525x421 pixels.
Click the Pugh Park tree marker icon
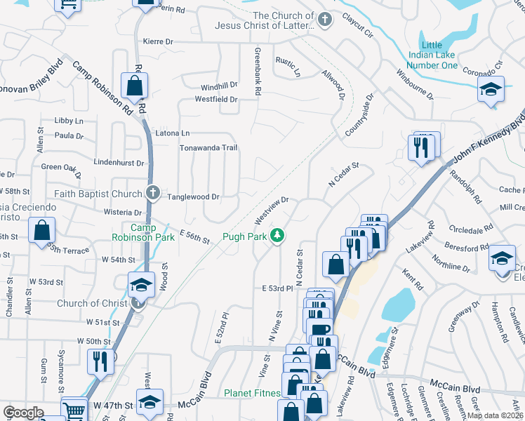pyautogui.click(x=278, y=236)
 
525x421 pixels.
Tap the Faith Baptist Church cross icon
pyautogui.click(x=154, y=194)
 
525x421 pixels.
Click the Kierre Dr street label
pyautogui.click(x=157, y=42)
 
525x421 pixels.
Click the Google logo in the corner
pyautogui.click(x=23, y=413)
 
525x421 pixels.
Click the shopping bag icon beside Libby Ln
pyautogui.click(x=133, y=86)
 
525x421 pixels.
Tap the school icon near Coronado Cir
pyautogui.click(x=491, y=90)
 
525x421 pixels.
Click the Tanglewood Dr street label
pyautogui.click(x=192, y=197)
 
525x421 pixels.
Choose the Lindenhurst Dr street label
pyautogui.click(x=118, y=163)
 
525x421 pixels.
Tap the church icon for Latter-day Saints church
pyautogui.click(x=324, y=20)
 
